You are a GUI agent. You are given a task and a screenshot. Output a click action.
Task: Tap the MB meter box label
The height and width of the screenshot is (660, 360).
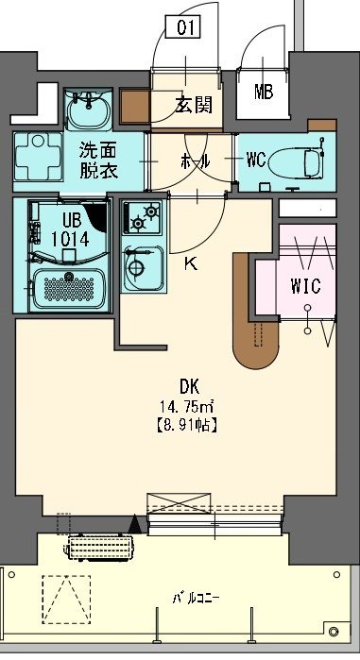click(264, 92)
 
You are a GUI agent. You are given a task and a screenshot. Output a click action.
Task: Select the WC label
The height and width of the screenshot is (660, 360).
click(256, 159)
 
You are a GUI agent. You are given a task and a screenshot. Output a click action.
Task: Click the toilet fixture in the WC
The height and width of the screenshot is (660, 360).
click(300, 160)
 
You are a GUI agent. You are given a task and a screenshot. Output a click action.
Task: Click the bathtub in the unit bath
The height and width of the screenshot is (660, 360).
click(68, 287)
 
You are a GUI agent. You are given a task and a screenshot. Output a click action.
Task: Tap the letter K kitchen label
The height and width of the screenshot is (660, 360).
click(190, 263)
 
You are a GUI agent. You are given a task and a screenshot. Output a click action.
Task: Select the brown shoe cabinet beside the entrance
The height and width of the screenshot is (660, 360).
click(134, 106)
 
